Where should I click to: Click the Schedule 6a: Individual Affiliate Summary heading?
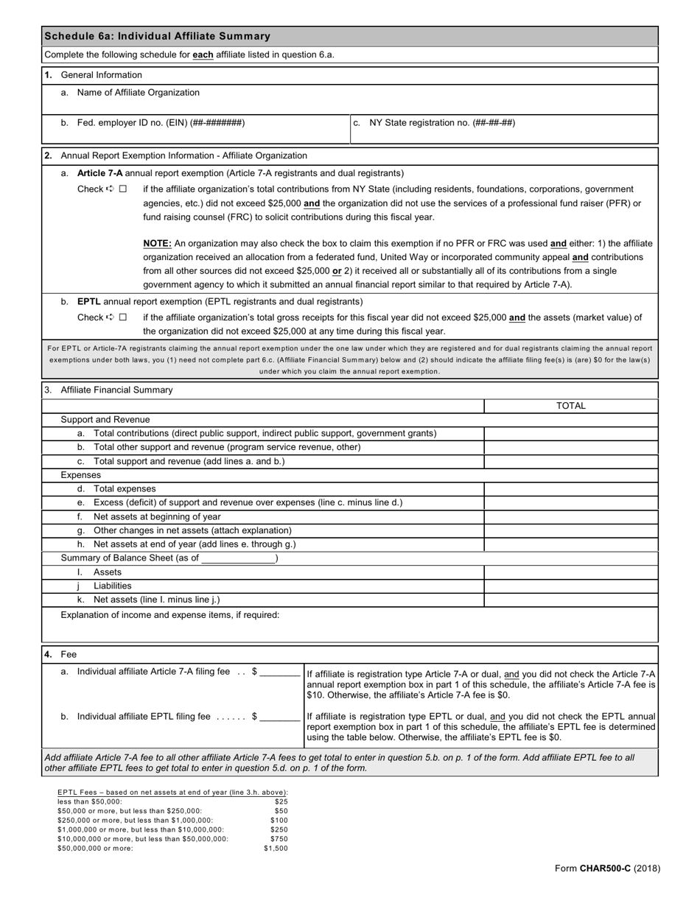(x=157, y=36)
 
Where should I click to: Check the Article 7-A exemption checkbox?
(x=123, y=189)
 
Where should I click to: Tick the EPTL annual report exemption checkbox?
(x=123, y=317)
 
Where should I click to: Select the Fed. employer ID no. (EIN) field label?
(x=161, y=123)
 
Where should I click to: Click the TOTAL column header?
(x=570, y=406)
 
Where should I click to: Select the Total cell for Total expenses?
(x=570, y=489)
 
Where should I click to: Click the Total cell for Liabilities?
(x=570, y=586)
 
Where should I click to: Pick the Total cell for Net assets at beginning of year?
(x=570, y=517)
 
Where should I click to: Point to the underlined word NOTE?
(x=157, y=243)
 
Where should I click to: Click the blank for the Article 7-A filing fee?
(x=280, y=673)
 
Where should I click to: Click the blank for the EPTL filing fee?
(x=280, y=717)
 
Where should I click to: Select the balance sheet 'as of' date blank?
(x=238, y=558)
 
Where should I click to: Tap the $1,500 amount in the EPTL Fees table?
(x=276, y=849)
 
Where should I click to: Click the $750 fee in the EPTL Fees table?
(x=279, y=839)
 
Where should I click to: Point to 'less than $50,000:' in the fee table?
(x=90, y=801)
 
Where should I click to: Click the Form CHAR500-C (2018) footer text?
(x=607, y=868)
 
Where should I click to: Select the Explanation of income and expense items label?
(x=170, y=615)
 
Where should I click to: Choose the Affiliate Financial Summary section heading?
(x=116, y=390)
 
